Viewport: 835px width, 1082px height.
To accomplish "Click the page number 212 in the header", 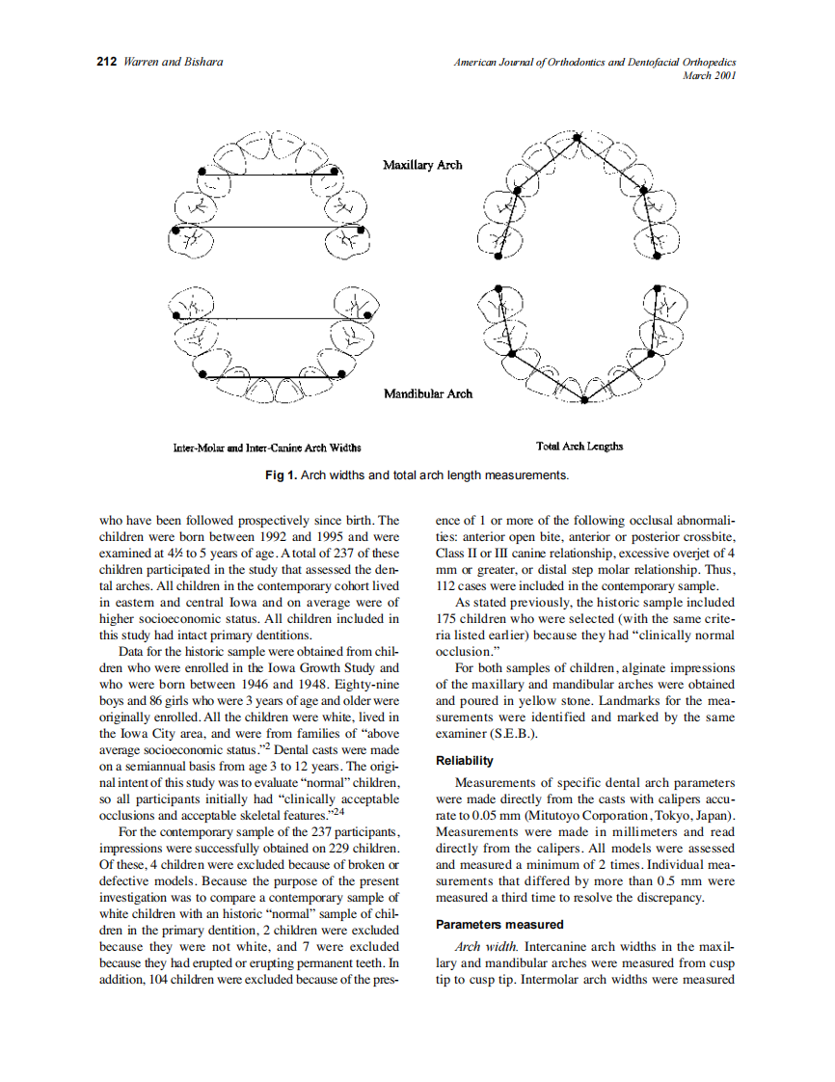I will point(107,62).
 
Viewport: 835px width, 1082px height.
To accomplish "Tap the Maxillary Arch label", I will point(422,165).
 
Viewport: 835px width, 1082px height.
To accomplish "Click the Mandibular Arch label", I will point(428,393).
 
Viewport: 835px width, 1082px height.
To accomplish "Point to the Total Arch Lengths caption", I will point(579,446).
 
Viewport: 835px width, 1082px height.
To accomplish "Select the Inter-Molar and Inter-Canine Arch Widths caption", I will point(259,447).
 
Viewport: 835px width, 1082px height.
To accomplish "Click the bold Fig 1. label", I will point(282,475).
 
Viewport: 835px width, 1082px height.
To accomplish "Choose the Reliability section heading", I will point(465,761).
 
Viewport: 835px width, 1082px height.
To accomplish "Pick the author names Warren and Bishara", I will point(175,62).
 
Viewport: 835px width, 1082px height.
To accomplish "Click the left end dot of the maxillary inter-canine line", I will point(202,171).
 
